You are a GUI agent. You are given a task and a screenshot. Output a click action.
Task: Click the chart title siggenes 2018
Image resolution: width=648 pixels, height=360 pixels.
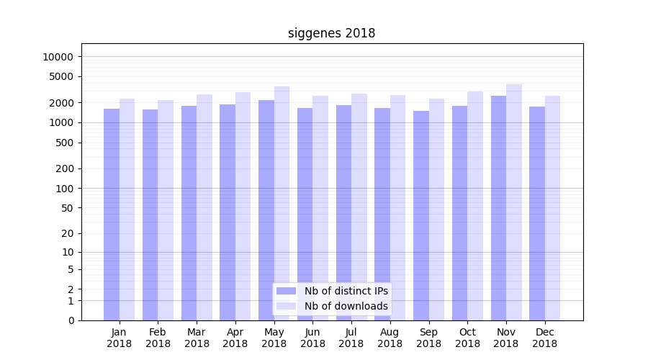pyautogui.click(x=331, y=33)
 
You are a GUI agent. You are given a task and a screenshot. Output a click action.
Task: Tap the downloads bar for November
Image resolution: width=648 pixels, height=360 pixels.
pyautogui.click(x=514, y=202)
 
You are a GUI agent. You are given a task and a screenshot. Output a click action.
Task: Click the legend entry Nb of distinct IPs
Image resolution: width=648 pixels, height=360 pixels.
pyautogui.click(x=346, y=291)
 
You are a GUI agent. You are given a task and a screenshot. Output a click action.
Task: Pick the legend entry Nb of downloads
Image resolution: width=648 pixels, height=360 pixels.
pyautogui.click(x=346, y=306)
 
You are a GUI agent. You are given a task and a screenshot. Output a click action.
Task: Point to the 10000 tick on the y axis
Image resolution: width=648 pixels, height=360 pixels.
pyautogui.click(x=57, y=57)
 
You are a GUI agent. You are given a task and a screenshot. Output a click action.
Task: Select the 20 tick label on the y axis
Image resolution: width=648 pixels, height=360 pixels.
pyautogui.click(x=68, y=233)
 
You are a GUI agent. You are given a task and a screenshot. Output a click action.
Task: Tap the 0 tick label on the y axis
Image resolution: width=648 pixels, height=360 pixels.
pyautogui.click(x=71, y=320)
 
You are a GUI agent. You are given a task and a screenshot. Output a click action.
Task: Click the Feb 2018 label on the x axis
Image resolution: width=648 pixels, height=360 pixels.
pyautogui.click(x=158, y=338)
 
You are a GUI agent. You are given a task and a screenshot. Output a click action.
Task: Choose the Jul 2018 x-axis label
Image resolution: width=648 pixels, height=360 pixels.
pyautogui.click(x=351, y=338)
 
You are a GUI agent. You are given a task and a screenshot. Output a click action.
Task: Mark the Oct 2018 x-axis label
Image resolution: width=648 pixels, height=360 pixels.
pyautogui.click(x=467, y=338)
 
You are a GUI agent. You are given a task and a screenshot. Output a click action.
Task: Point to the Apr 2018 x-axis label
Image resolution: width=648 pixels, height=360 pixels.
pyautogui.click(x=235, y=338)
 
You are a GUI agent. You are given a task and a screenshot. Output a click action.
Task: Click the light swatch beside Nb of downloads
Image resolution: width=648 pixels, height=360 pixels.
pyautogui.click(x=286, y=306)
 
